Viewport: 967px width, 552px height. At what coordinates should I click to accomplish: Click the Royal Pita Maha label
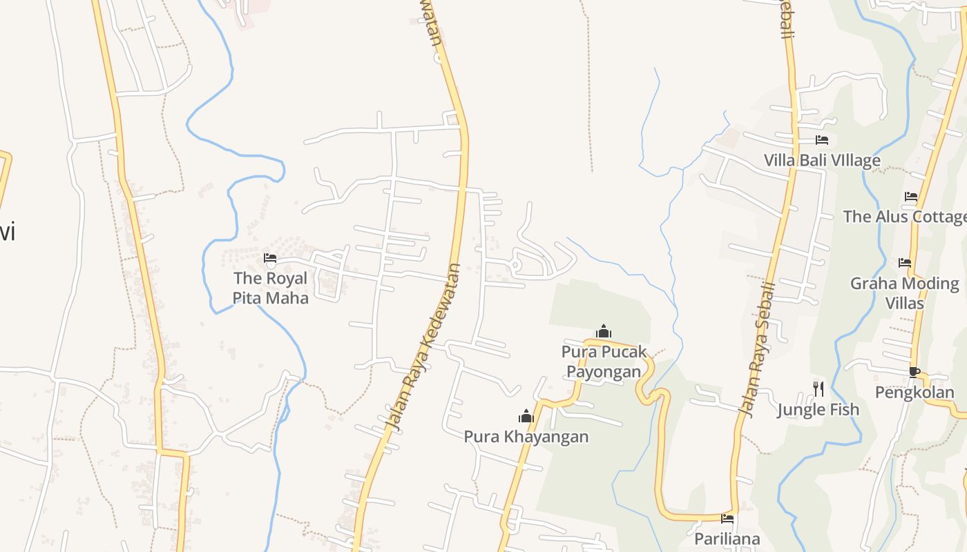click(270, 288)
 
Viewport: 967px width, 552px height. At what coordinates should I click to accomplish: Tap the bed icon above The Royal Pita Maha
click(270, 259)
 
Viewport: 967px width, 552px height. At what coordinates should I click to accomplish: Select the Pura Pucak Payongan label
click(604, 362)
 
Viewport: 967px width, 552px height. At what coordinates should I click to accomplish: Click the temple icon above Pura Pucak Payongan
click(604, 331)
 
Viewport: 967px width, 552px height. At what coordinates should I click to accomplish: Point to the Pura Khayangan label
click(526, 437)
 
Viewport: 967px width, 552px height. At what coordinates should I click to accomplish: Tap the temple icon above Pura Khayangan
click(526, 416)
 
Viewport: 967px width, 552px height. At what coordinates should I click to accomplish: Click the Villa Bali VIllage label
click(822, 161)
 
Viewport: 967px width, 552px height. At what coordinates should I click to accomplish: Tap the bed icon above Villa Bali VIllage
click(822, 140)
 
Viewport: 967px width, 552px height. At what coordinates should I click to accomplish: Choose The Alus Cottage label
click(905, 217)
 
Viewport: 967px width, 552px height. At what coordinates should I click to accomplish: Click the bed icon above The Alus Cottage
click(911, 197)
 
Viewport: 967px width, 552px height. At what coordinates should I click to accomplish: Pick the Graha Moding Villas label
click(904, 293)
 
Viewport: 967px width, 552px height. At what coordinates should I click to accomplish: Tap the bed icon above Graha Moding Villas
click(905, 263)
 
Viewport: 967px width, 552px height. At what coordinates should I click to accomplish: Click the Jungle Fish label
click(818, 410)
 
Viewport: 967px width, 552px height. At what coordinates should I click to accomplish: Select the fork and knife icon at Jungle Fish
click(818, 389)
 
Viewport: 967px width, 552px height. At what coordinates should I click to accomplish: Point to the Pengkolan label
click(915, 393)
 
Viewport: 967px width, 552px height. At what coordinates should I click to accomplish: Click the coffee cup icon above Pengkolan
click(915, 373)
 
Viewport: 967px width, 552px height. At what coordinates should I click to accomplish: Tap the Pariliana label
click(727, 539)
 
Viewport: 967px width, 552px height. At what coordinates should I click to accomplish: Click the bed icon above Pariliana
click(727, 518)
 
